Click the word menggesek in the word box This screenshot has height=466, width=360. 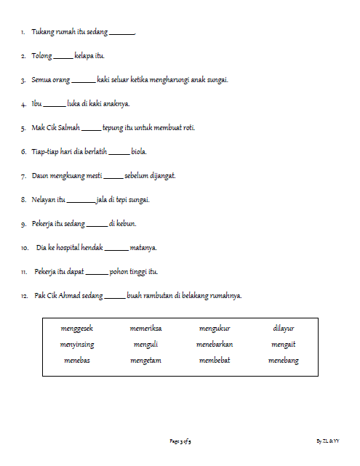[77, 329]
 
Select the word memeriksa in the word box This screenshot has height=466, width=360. [145, 329]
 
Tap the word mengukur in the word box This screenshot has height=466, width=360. [215, 329]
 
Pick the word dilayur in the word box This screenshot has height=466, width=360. [284, 329]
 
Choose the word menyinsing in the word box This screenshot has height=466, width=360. [77, 345]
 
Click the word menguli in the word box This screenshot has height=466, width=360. [145, 345]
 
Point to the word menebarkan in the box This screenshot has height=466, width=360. [215, 345]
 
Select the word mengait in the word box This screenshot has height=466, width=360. [284, 345]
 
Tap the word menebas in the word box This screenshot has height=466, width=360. [77, 361]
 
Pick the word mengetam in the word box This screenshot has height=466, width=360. [145, 361]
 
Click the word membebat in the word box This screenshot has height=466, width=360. [215, 361]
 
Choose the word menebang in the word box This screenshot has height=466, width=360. [284, 361]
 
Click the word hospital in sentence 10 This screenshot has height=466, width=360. [71, 248]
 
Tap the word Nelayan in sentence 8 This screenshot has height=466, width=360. [44, 200]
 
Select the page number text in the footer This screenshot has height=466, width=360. [180, 441]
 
